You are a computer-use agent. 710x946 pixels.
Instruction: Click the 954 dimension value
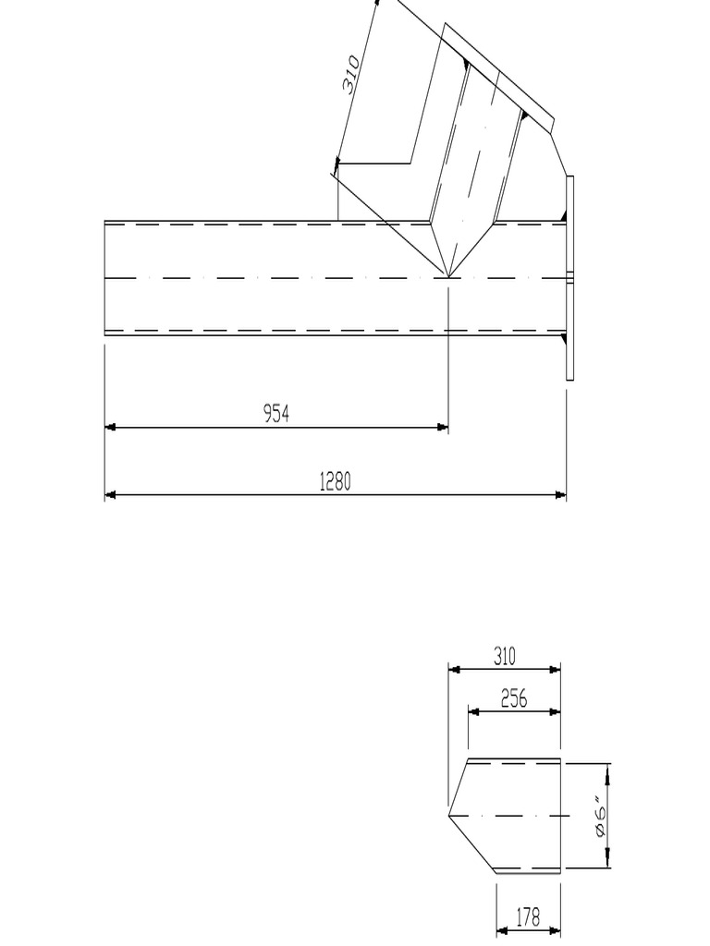point(276,414)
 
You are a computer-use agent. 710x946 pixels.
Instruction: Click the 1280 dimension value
point(335,481)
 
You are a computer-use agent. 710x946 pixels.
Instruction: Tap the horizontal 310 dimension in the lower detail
point(504,657)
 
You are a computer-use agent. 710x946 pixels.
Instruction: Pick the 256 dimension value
point(514,699)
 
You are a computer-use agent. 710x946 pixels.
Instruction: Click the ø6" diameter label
point(602,817)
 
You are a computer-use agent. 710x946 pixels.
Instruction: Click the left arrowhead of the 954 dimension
point(110,427)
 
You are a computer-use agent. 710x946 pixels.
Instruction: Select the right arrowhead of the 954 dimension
point(443,427)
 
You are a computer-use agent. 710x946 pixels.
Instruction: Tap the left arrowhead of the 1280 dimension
point(110,495)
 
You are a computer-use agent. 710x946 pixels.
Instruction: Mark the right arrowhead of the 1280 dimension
point(560,495)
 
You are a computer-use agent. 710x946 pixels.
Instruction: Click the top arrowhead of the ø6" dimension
point(608,769)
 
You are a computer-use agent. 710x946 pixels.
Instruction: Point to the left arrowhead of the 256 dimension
point(473,711)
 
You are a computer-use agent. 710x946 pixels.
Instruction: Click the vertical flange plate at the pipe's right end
point(569,277)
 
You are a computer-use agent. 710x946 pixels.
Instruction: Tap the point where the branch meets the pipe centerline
point(448,277)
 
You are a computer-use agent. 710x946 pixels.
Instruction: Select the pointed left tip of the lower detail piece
point(449,815)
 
